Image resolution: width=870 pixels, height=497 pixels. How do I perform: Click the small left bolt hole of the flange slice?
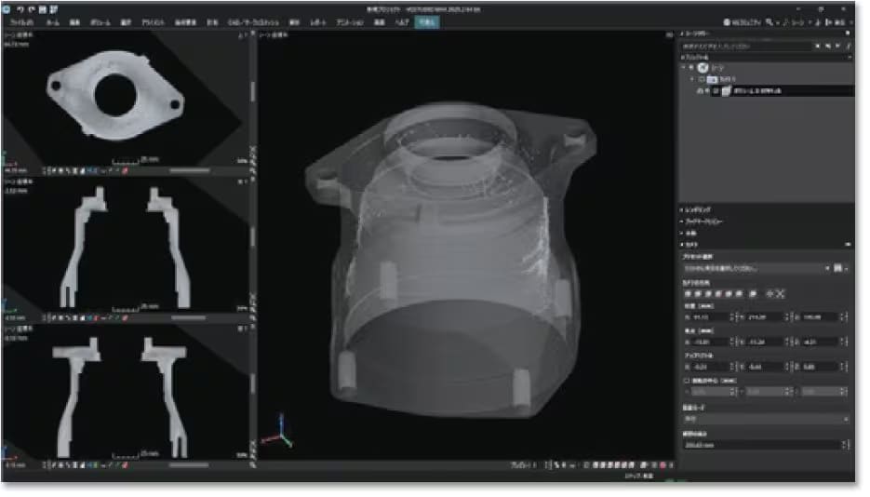click(59, 86)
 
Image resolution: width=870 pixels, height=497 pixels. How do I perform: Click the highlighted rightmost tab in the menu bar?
click(427, 20)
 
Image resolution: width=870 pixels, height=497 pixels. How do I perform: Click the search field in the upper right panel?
click(744, 44)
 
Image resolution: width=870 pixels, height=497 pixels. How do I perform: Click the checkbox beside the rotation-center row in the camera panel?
click(685, 380)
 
